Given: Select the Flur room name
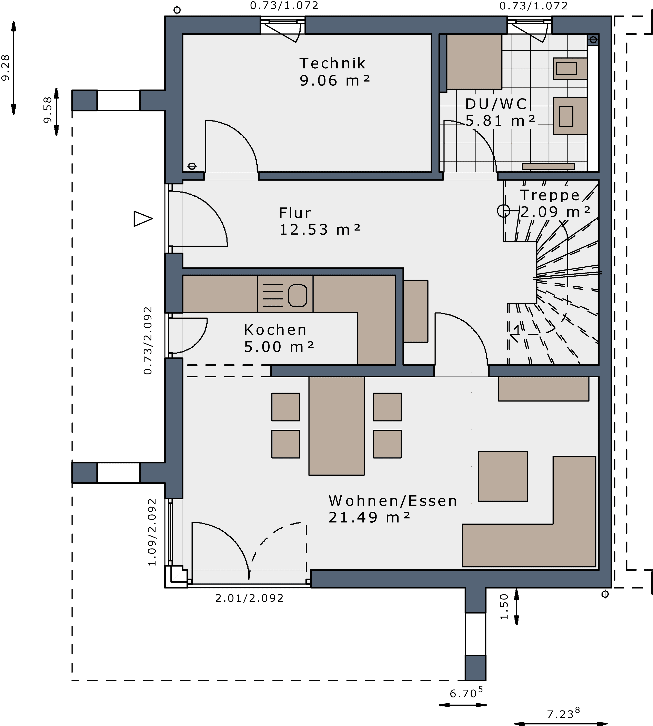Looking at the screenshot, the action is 295,213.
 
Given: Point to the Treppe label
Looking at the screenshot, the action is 550,195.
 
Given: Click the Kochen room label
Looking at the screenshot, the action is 275,330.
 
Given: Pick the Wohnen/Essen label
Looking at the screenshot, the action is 393,501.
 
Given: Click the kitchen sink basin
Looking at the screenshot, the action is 298,295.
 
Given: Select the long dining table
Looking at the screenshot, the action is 336,426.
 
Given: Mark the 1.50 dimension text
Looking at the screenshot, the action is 504,606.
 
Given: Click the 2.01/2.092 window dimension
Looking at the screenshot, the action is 249,598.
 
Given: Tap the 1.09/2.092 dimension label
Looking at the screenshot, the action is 152,532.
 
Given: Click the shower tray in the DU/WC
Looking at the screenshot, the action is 474,62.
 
